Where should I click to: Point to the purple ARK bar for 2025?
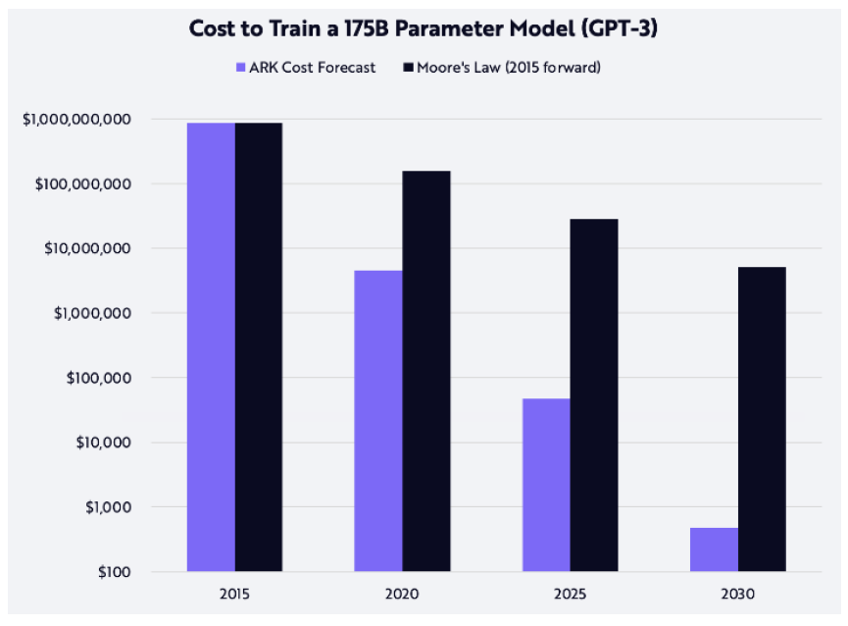tap(546, 485)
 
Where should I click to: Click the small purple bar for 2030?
tap(714, 549)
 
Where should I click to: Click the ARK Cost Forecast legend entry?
tap(305, 68)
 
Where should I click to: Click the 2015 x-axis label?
tap(235, 594)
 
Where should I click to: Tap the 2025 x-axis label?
tap(570, 594)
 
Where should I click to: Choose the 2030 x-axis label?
tap(737, 594)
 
